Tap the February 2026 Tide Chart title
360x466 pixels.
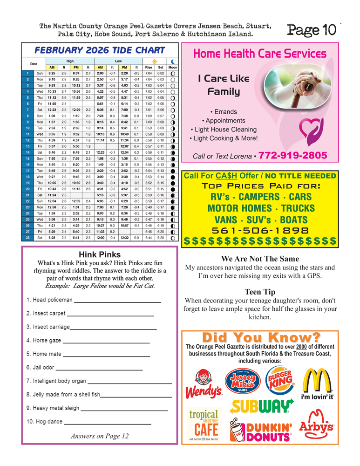coord(100,50)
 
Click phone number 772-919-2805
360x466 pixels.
coord(296,156)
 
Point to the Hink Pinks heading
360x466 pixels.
coord(100,255)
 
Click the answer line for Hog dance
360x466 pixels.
coord(107,424)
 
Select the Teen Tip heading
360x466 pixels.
coord(260,292)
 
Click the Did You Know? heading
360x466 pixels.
coord(261,337)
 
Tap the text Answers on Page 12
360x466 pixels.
coord(100,437)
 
